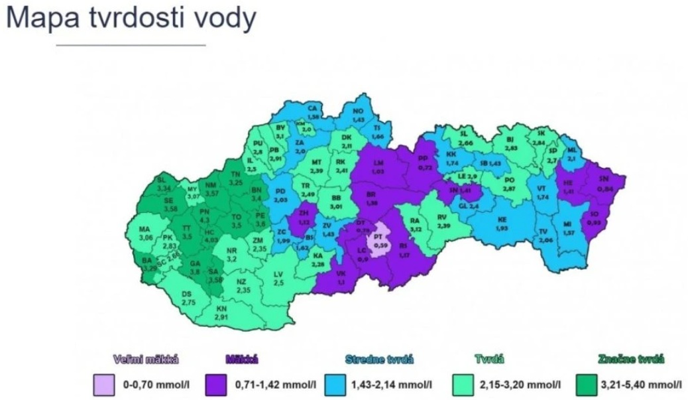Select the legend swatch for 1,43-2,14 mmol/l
pos(335,384)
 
